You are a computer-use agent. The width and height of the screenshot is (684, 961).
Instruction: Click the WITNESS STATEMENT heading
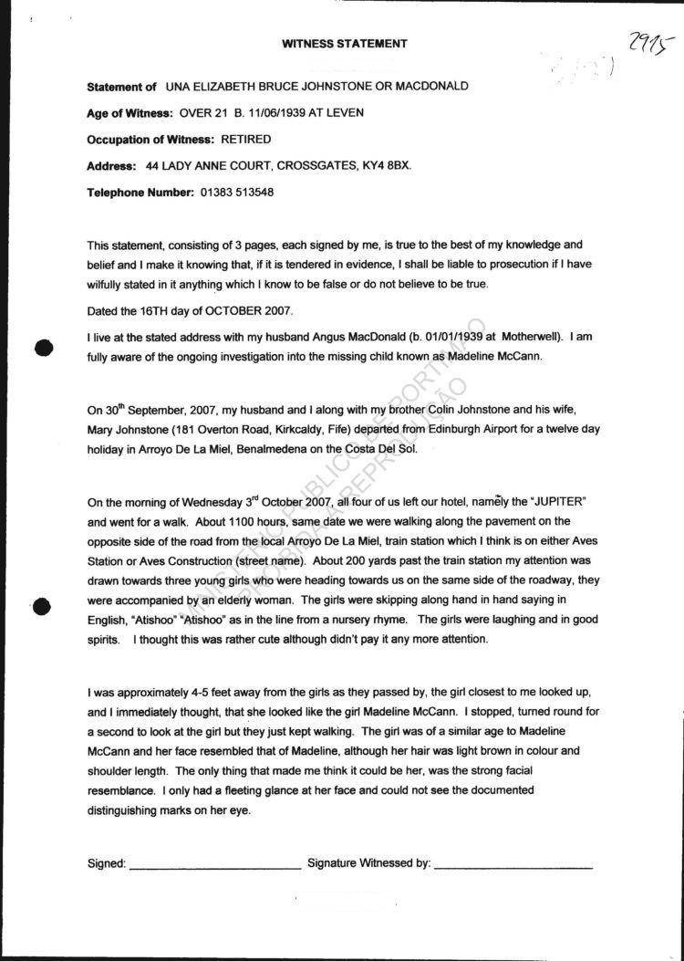[344, 43]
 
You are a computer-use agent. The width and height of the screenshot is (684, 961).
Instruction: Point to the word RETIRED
[246, 140]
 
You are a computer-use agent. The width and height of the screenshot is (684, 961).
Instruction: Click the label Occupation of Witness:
[150, 140]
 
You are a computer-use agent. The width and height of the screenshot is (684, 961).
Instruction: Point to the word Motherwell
[526, 337]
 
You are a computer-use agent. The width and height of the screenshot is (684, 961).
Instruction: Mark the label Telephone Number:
[140, 193]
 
